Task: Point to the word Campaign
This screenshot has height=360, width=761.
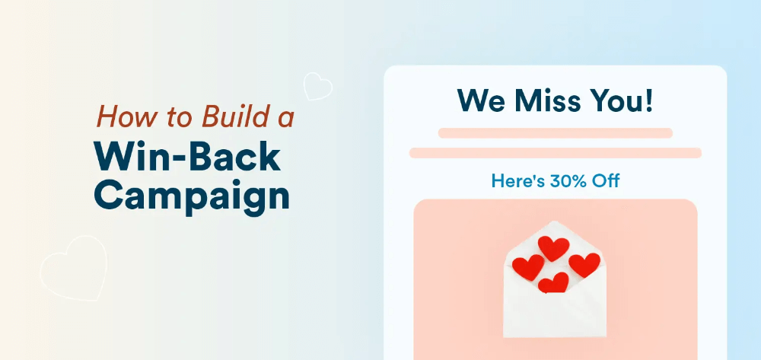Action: [x=193, y=196]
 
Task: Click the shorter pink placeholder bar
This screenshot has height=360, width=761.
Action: [x=555, y=133]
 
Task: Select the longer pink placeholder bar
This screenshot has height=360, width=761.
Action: [x=555, y=153]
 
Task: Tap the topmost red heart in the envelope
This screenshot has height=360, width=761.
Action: [x=553, y=248]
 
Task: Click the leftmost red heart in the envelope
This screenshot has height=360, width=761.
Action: [x=527, y=266]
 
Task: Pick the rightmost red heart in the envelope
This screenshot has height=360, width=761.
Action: [x=584, y=264]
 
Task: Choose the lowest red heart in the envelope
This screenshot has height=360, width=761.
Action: [x=553, y=282]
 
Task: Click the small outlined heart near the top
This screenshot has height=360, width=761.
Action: [x=317, y=86]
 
